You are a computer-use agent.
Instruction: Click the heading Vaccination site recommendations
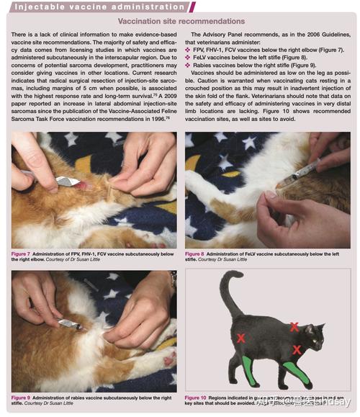click(x=179, y=22)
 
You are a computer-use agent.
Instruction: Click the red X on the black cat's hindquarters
click(x=242, y=338)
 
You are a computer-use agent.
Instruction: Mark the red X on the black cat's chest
click(x=297, y=350)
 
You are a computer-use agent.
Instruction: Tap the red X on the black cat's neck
click(x=294, y=326)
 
